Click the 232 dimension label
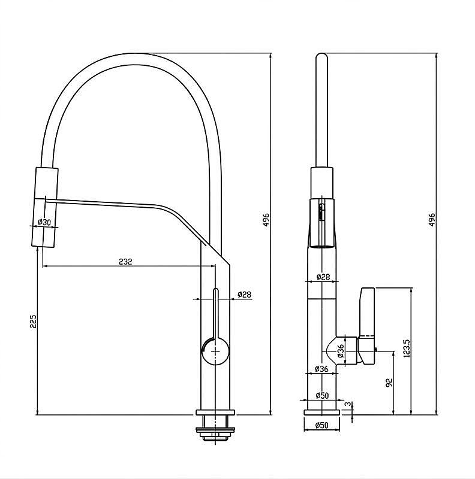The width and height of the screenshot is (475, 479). click(125, 262)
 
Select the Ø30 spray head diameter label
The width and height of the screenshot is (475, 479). click(44, 222)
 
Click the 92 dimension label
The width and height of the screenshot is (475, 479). click(389, 383)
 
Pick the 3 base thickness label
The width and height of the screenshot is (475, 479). click(348, 404)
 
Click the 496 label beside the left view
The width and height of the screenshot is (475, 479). click(266, 220)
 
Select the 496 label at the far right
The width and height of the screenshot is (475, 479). click(432, 220)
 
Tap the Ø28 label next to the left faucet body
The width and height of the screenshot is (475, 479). click(244, 295)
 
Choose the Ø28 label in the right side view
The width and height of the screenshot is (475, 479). click(323, 277)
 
